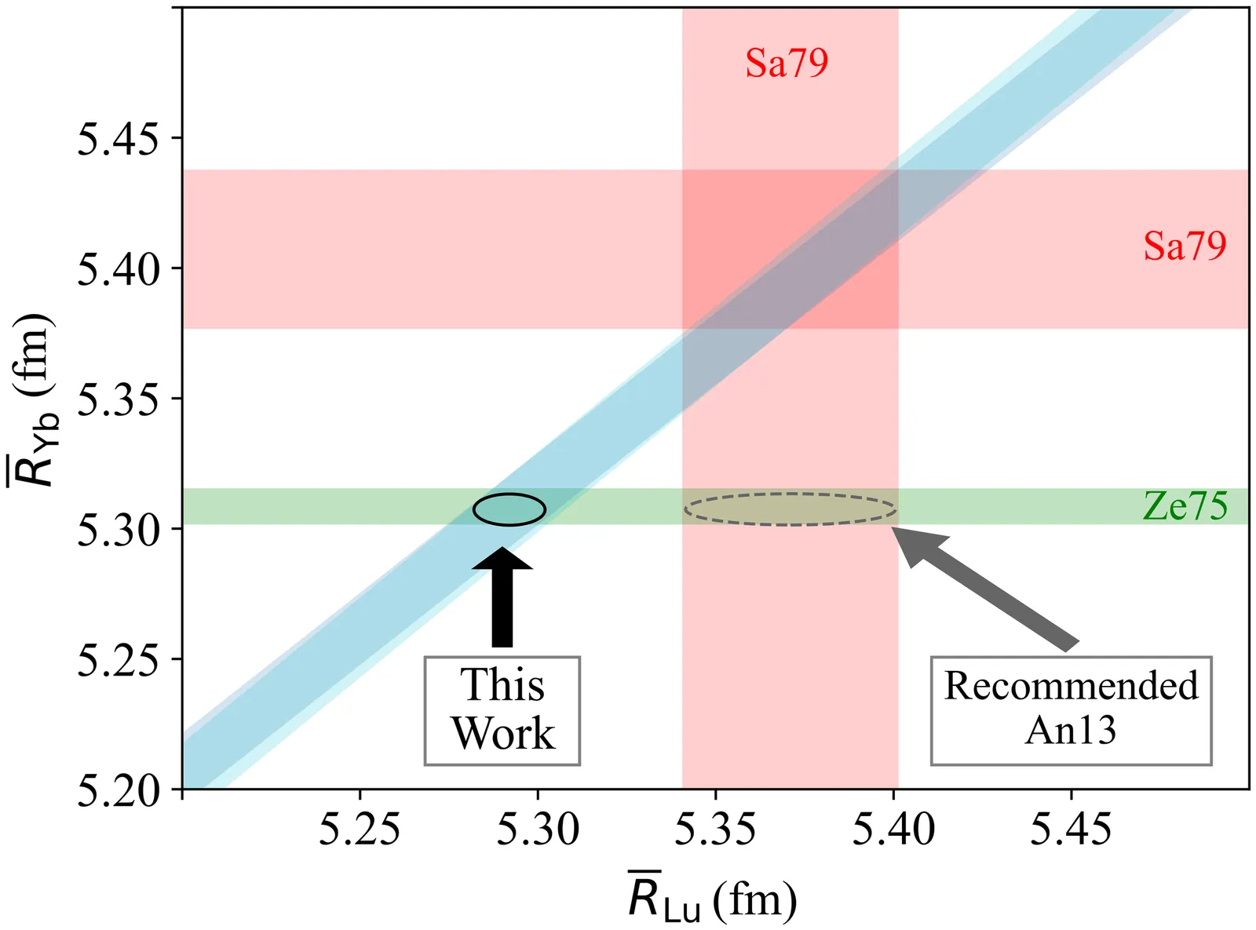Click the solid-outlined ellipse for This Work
point(509,509)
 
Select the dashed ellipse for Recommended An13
point(790,509)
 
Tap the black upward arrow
point(502,596)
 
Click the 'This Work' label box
point(502,710)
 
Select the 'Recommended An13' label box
point(1071,710)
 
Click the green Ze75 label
point(1185,506)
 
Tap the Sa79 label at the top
point(787,63)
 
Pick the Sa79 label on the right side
point(1185,246)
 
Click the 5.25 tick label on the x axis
point(360,830)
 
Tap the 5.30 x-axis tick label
point(538,830)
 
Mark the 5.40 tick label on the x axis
point(893,830)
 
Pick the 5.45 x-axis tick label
point(1072,830)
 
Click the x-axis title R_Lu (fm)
point(712,899)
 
